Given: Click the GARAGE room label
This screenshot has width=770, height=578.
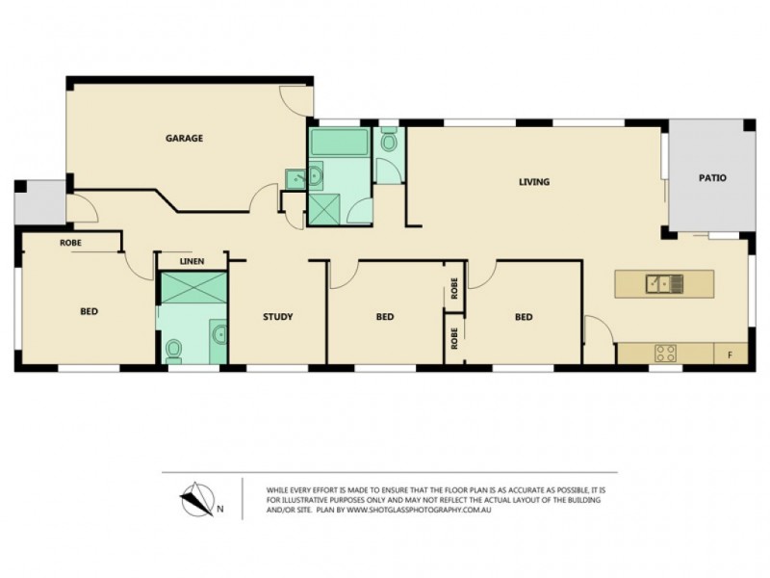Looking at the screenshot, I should (184, 138).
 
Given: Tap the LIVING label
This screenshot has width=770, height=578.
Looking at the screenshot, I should (534, 181).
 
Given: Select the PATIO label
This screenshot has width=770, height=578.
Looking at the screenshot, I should (712, 178).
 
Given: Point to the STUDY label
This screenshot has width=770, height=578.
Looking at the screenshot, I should (278, 317).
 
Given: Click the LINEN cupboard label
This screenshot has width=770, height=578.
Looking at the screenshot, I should (192, 261).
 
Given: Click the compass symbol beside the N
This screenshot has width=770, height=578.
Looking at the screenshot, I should (197, 498).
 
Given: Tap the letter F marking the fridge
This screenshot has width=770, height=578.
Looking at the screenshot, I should (731, 355).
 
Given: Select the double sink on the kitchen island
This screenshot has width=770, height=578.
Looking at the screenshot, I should (664, 283).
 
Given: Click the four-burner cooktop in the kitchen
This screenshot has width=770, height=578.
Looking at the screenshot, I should (665, 353).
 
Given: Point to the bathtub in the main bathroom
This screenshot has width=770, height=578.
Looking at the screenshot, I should (339, 144).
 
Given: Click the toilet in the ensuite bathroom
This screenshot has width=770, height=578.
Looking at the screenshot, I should (174, 350).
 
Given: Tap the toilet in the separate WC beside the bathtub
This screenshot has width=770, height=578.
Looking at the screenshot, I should (389, 143).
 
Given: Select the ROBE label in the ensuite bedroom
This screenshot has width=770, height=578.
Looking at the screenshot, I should (70, 244).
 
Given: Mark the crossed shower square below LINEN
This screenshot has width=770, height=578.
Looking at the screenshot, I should (192, 288).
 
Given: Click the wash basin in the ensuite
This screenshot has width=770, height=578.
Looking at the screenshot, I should (220, 335).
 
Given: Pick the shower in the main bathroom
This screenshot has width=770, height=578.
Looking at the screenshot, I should (324, 209).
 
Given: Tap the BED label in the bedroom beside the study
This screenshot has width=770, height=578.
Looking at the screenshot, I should (385, 317).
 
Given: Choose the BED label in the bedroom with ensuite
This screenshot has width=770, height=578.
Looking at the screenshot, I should (89, 311).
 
